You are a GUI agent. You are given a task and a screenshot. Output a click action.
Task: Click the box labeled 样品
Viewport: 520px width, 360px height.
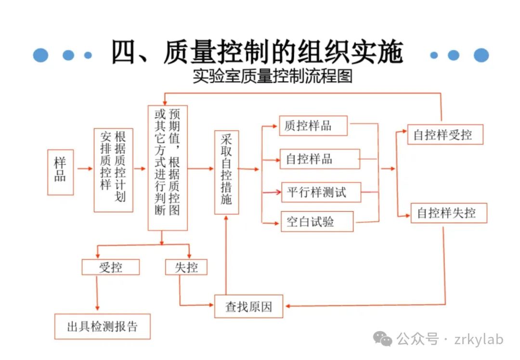pyautogui.click(x=60, y=172)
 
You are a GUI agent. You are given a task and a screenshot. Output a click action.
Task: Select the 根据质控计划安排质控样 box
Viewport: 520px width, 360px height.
pyautogui.click(x=113, y=170)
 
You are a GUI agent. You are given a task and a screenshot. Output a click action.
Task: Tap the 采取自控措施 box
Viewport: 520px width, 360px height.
pyautogui.click(x=226, y=172)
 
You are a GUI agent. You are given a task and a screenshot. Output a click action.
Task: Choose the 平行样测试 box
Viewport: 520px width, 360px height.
pyautogui.click(x=320, y=193)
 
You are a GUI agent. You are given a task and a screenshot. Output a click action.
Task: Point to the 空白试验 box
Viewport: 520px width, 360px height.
pyautogui.click(x=316, y=222)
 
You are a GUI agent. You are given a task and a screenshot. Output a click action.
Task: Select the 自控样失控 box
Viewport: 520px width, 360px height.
pyautogui.click(x=449, y=213)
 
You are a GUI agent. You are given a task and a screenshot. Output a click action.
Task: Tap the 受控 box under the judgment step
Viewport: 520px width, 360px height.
pyautogui.click(x=111, y=267)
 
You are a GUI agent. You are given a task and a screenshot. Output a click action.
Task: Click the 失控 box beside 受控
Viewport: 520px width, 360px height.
pyautogui.click(x=186, y=267)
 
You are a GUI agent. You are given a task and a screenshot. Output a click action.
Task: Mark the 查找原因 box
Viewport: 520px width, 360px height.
pyautogui.click(x=248, y=307)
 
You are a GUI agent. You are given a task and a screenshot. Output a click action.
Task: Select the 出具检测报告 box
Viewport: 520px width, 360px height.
pyautogui.click(x=102, y=326)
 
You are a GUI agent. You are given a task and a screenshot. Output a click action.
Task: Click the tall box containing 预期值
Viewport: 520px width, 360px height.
pyautogui.click(x=167, y=167)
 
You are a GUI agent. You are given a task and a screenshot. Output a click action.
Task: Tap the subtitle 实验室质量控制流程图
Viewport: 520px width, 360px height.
pyautogui.click(x=272, y=77)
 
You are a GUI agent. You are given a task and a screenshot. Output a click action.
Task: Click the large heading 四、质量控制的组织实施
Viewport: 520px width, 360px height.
pyautogui.click(x=257, y=52)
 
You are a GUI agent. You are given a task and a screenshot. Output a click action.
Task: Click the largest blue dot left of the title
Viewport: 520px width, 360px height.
pyautogui.click(x=41, y=55)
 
